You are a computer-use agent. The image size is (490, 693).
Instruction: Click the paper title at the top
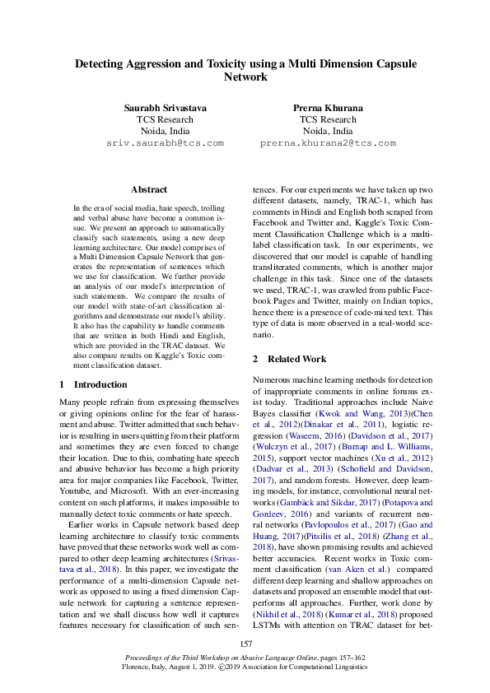245,69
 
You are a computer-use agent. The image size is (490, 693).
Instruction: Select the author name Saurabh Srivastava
165,108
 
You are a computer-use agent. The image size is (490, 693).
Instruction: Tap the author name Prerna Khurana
328,108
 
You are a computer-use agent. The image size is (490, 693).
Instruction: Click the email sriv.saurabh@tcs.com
165,142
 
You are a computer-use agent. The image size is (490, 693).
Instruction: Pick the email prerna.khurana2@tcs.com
328,142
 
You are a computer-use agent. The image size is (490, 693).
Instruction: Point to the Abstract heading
148,189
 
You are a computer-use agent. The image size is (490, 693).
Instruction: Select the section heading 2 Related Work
289,359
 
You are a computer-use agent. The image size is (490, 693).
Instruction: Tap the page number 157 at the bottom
245,644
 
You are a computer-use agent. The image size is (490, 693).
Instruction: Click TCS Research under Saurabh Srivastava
165,119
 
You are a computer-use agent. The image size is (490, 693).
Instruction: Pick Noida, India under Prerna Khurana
328,131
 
